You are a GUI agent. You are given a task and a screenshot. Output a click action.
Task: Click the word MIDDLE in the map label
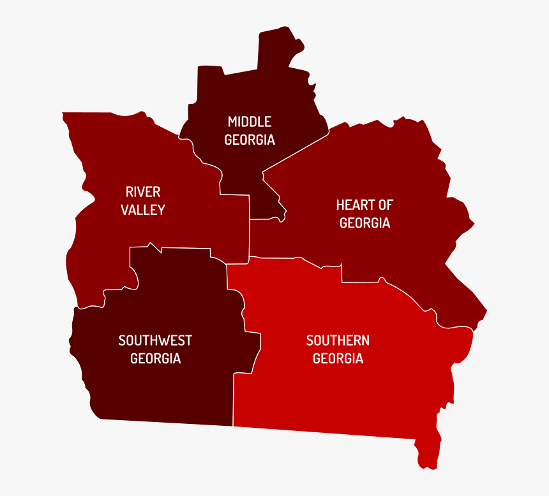coord(250,122)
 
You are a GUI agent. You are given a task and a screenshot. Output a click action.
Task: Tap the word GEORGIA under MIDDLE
coord(250,140)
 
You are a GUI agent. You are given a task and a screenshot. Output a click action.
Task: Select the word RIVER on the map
coord(143,192)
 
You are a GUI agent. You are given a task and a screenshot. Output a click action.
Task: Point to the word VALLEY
coord(143,210)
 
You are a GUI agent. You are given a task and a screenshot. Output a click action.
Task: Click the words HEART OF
coord(365,205)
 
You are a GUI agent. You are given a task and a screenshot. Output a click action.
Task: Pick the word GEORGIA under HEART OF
coord(365,223)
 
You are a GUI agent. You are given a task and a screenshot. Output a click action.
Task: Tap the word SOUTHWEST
coord(155,340)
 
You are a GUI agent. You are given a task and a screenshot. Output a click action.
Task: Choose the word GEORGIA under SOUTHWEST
coord(155,358)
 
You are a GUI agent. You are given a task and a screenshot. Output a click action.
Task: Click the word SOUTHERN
coord(338,340)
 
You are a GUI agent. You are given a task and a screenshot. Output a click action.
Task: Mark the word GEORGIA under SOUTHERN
coord(338,358)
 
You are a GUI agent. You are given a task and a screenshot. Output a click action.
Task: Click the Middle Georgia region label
coord(250,131)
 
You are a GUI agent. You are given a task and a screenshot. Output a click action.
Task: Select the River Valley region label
coord(143,201)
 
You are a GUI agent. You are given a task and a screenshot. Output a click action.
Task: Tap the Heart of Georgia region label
coord(365,214)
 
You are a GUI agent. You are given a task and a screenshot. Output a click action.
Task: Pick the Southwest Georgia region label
coord(155,349)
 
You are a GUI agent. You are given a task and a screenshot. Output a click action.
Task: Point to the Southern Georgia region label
coord(338,349)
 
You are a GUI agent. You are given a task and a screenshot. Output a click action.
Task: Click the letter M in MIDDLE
coord(232,122)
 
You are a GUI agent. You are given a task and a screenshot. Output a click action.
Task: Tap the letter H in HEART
coord(340,205)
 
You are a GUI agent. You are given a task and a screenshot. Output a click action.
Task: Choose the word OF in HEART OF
coord(385,205)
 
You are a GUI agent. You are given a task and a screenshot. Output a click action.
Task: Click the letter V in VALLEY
coord(125,210)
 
